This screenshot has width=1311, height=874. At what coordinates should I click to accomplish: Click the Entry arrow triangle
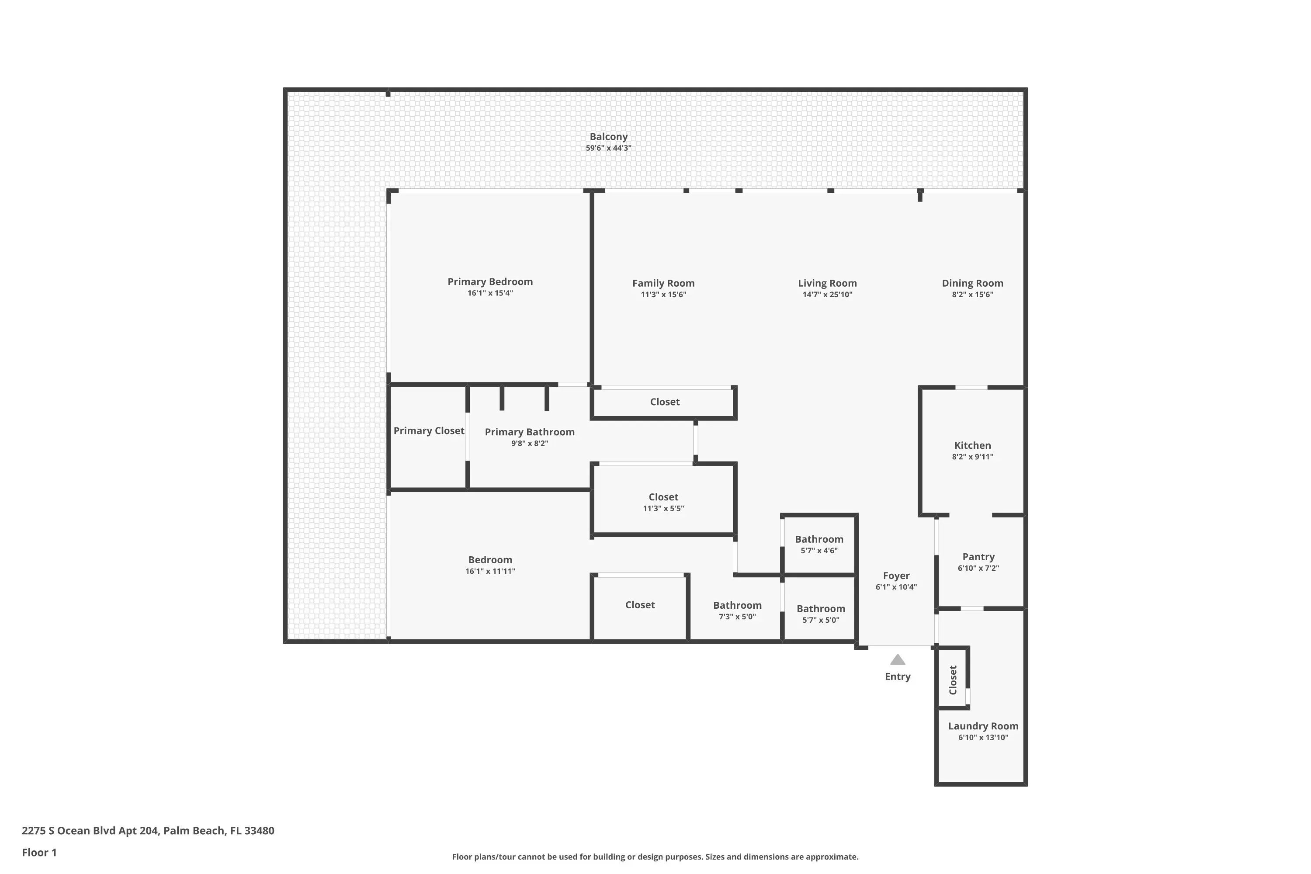pyautogui.click(x=898, y=659)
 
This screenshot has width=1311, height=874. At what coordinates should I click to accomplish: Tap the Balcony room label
pyautogui.click(x=609, y=136)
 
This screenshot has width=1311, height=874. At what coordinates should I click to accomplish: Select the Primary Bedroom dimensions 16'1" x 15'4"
pyautogui.click(x=490, y=293)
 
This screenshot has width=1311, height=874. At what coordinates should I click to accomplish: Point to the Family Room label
pyautogui.click(x=663, y=283)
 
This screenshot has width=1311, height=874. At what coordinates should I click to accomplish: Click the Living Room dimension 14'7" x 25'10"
pyautogui.click(x=827, y=295)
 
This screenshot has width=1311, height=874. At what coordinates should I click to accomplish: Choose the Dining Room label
pyautogui.click(x=973, y=283)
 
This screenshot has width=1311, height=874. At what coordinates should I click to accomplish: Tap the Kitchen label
pyautogui.click(x=973, y=445)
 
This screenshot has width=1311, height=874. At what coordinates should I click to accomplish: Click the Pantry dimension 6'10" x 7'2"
pyautogui.click(x=978, y=569)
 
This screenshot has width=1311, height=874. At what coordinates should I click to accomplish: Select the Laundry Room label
pyautogui.click(x=983, y=726)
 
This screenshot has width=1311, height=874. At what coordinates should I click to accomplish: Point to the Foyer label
pyautogui.click(x=896, y=576)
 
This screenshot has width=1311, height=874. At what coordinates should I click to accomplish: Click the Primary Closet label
pyautogui.click(x=429, y=431)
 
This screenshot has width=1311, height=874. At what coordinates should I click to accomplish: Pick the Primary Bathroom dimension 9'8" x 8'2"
pyautogui.click(x=530, y=444)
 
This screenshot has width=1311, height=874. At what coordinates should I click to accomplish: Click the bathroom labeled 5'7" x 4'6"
pyautogui.click(x=819, y=544)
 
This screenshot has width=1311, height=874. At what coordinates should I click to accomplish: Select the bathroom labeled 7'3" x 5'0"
pyautogui.click(x=738, y=610)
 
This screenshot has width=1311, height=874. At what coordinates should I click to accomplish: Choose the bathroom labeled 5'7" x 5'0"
pyautogui.click(x=821, y=614)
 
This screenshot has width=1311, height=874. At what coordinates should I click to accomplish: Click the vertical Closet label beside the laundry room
pyautogui.click(x=953, y=680)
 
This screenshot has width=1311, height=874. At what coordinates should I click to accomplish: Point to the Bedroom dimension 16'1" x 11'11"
pyautogui.click(x=490, y=571)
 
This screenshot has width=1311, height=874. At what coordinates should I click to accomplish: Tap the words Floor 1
pyautogui.click(x=39, y=852)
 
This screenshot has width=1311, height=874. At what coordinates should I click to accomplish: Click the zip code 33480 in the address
pyautogui.click(x=259, y=831)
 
